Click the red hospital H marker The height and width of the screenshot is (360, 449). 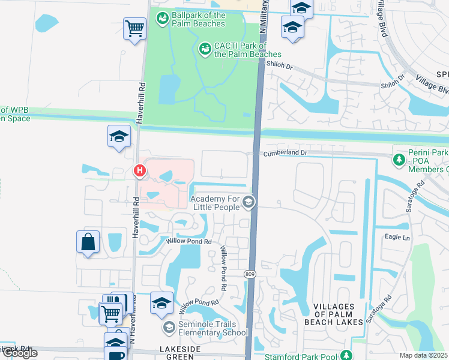(x=140, y=172)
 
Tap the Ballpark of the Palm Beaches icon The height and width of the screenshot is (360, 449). (x=162, y=20)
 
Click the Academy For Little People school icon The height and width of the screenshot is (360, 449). (x=248, y=204)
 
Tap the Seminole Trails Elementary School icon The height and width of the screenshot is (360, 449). (x=169, y=327)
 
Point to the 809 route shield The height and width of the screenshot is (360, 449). (x=249, y=274)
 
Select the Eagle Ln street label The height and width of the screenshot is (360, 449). (x=397, y=237)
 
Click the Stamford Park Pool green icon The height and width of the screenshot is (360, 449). (x=346, y=356)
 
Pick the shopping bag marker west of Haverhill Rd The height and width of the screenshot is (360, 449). (x=88, y=242)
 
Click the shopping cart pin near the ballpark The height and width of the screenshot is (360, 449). (x=135, y=28)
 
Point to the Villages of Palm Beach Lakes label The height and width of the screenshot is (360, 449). (x=338, y=314)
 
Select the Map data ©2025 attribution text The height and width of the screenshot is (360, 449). (x=424, y=355)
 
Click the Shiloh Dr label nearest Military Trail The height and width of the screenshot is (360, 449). (x=279, y=67)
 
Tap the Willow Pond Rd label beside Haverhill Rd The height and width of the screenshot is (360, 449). (x=189, y=242)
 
